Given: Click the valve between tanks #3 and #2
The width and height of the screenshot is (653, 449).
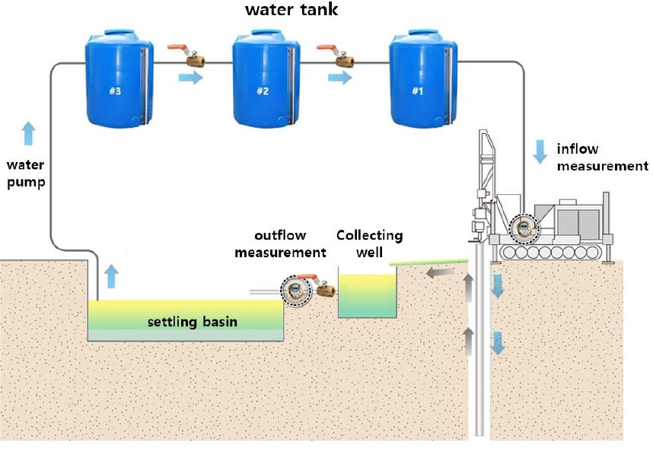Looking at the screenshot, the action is [186, 56].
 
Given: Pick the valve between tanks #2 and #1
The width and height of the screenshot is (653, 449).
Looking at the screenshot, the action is [336, 56].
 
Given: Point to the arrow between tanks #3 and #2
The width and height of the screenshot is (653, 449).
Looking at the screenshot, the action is [191, 78].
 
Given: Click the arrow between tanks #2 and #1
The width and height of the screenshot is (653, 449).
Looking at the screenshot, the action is [340, 78].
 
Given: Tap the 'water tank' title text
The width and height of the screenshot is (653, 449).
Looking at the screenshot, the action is [291, 10].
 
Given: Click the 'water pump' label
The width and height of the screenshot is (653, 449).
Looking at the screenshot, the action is [26, 174].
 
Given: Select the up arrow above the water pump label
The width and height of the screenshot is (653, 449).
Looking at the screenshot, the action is [28, 133].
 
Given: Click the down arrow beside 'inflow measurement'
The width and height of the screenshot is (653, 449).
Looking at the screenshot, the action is [540, 151].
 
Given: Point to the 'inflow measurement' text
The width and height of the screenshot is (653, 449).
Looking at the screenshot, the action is [602, 158].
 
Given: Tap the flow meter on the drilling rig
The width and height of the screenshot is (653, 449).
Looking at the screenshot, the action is [524, 228].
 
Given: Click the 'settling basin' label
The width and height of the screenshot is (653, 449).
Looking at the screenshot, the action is [193, 322].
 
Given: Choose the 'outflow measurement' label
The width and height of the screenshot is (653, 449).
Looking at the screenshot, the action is [280, 244].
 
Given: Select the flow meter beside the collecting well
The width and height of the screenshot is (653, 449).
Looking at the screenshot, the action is [296, 289].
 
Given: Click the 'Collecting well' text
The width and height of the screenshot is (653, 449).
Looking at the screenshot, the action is [369, 244].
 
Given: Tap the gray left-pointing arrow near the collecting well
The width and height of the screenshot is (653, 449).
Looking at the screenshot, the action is [440, 273].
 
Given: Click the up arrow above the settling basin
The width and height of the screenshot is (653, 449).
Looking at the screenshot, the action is [111, 276].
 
